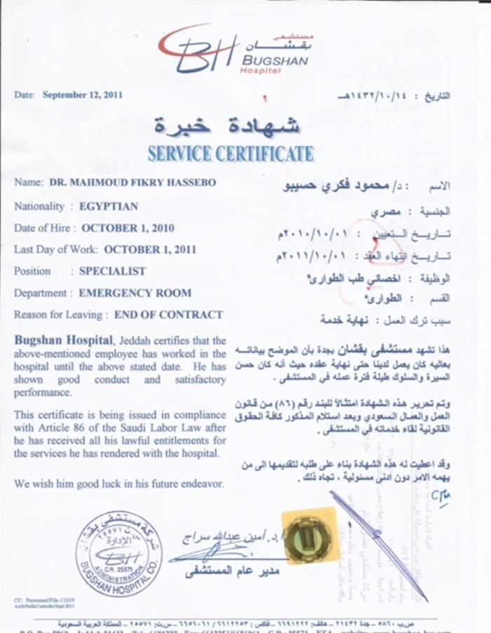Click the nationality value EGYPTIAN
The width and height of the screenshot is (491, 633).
[x=108, y=206]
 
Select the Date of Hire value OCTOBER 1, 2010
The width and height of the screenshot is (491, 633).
[x=128, y=228]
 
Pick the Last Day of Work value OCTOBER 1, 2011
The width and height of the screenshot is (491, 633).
[x=149, y=249]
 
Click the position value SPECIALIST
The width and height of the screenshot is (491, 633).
[x=112, y=271]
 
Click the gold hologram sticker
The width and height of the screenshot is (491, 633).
[x=309, y=536]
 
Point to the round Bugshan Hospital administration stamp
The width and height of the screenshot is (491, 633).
[x=118, y=557]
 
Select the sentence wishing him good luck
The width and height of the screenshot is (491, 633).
[x=119, y=484]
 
